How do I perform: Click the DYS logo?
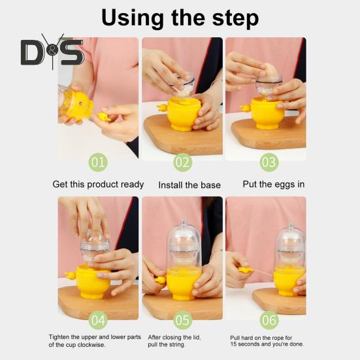coord(52,52)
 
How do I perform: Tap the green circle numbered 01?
coord(98,161)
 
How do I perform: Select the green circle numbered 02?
coord(182,161)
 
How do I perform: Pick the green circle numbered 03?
coord(269,161)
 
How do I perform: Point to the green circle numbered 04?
coord(98,320)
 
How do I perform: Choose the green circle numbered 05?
coord(182,320)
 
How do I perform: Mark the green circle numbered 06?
coord(269,320)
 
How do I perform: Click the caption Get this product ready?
coord(98,184)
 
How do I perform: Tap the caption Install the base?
coord(189,185)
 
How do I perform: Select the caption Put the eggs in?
coord(274,184)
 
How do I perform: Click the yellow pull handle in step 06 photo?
coord(245,269)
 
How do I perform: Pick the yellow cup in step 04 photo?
coord(94,281)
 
